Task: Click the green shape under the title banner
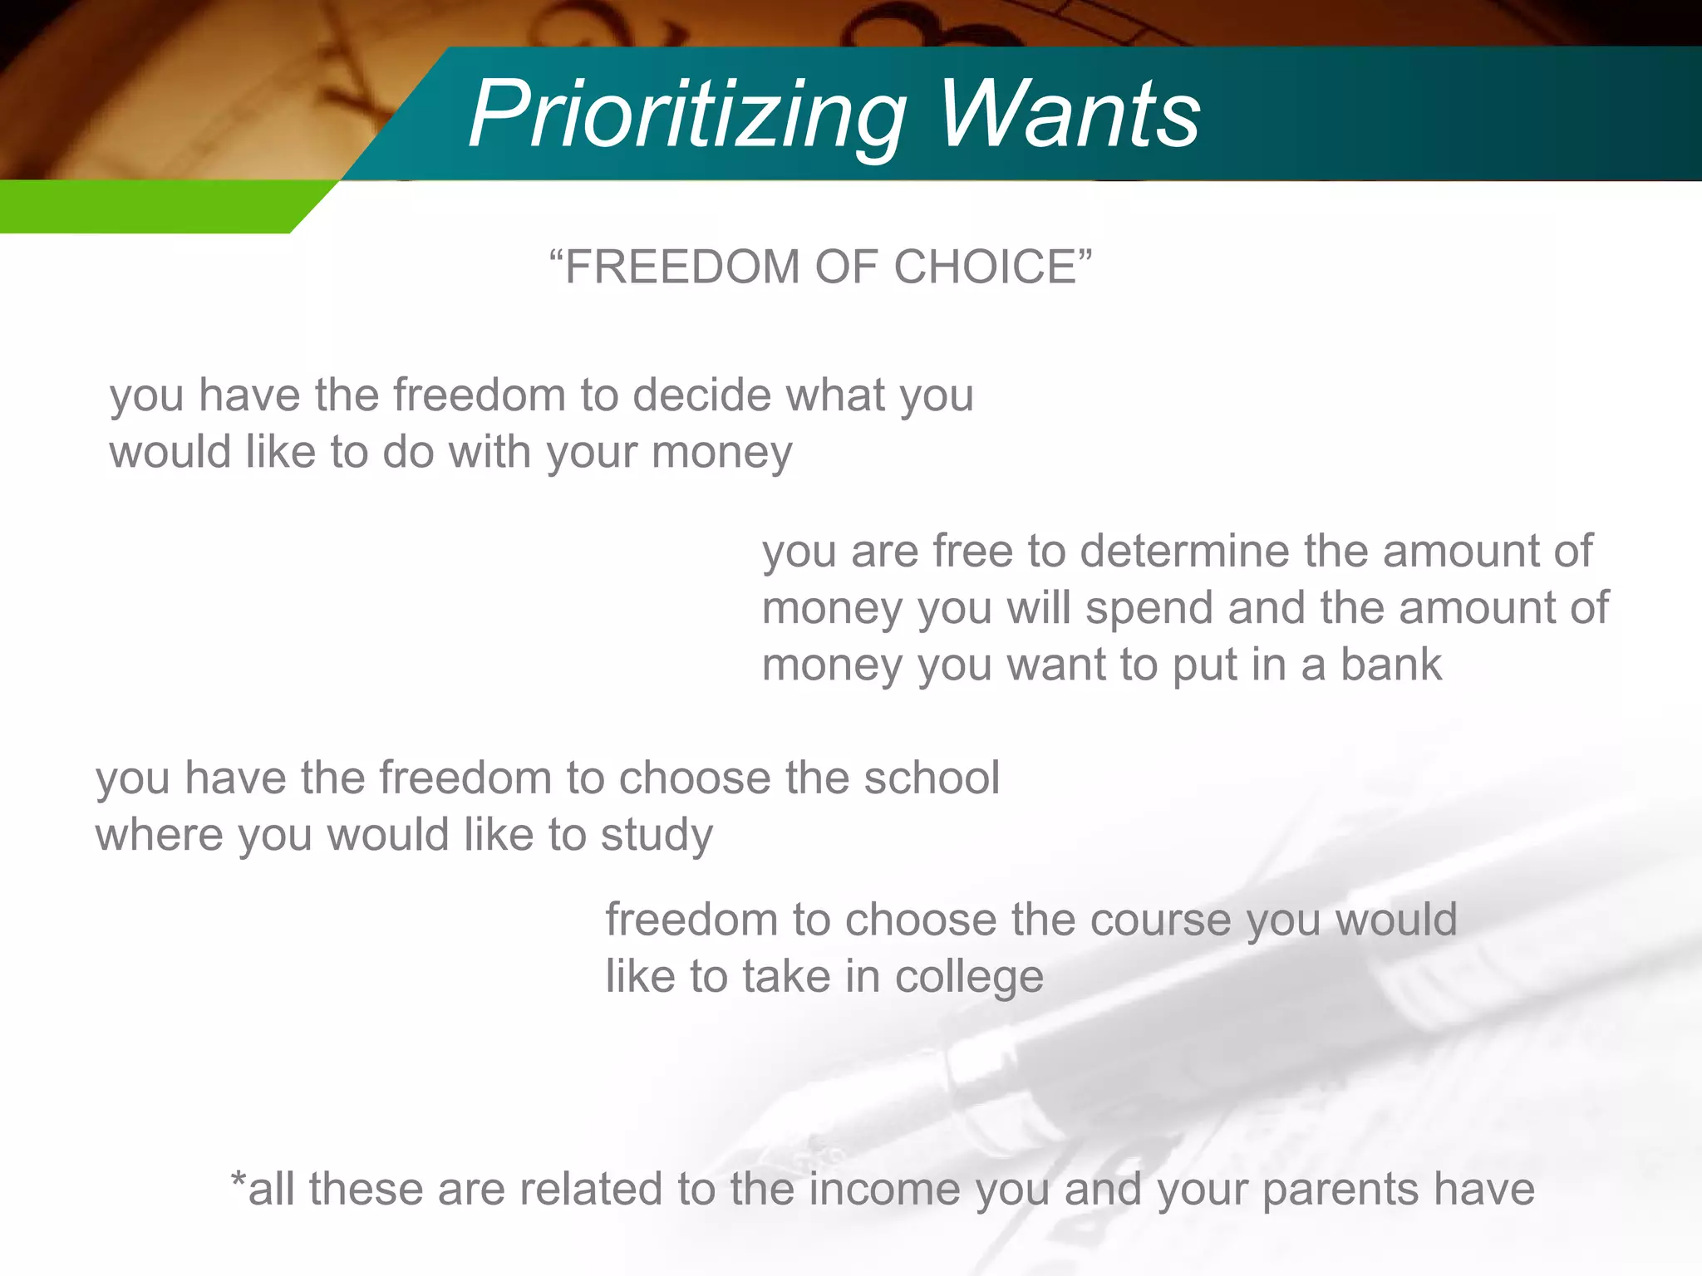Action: click(150, 206)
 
